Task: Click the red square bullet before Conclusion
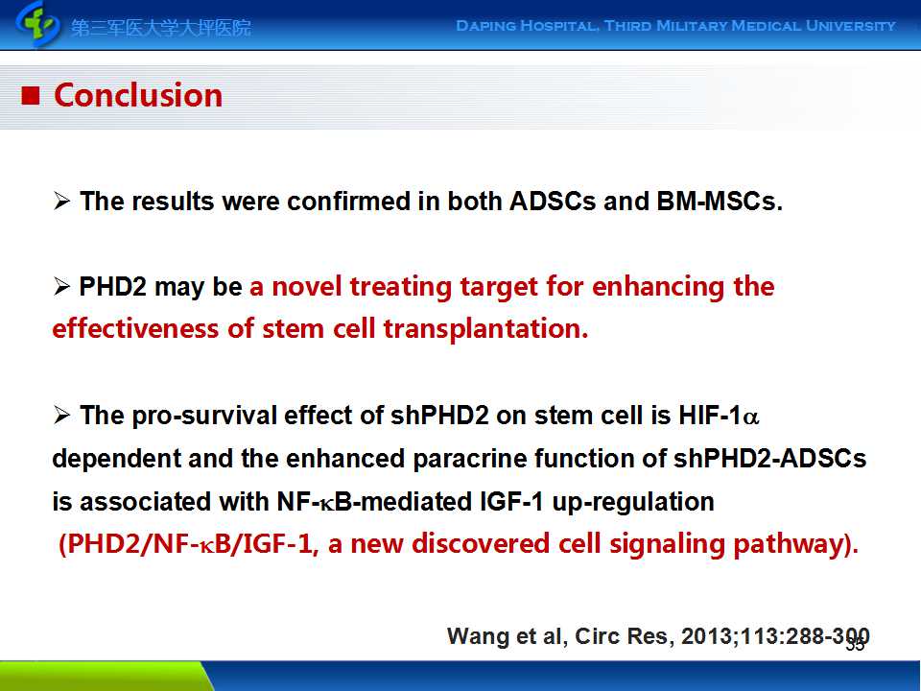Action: [31, 95]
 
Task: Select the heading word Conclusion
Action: [138, 95]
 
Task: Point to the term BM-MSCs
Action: [720, 202]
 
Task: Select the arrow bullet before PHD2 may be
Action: [61, 287]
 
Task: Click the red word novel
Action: [306, 287]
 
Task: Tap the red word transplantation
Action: [485, 329]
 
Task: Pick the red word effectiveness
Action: [135, 329]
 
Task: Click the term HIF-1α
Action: [719, 416]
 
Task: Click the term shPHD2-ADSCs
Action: [769, 459]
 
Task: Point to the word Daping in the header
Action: [484, 26]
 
